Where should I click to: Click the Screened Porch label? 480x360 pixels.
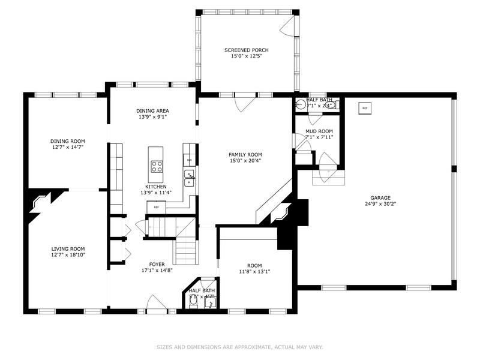tap(247, 50)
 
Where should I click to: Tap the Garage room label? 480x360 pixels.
tap(380, 197)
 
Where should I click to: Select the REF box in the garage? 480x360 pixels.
tap(364, 108)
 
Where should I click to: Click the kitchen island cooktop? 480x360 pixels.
tap(157, 165)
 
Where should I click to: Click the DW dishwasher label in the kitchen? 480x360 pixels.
tap(189, 160)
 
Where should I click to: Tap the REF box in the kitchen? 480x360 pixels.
tap(156, 207)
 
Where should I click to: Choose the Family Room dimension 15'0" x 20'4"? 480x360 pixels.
tap(246, 160)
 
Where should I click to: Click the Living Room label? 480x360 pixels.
tap(68, 248)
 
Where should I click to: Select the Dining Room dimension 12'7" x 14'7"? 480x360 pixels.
tap(67, 147)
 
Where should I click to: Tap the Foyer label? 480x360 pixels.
tap(157, 264)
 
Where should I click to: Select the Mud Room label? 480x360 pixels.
tap(319, 131)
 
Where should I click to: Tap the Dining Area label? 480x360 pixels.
tap(152, 110)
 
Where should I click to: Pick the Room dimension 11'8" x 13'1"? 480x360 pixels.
tap(254, 272)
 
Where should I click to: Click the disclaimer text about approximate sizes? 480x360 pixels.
tap(239, 347)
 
